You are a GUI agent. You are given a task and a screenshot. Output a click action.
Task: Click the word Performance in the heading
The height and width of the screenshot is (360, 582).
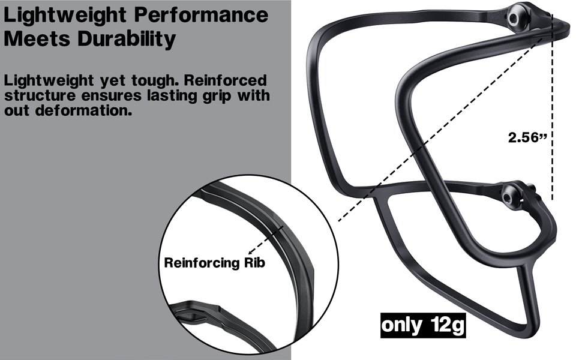[x=201, y=15]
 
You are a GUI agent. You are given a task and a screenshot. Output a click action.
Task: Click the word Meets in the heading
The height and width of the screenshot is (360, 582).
[x=37, y=38]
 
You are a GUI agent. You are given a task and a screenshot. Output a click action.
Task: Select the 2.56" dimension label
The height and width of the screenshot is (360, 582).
[x=527, y=137]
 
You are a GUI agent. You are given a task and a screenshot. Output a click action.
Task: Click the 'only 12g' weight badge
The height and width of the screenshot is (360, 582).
[x=423, y=325]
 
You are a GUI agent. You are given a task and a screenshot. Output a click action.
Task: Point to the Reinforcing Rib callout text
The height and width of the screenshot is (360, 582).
[x=215, y=263]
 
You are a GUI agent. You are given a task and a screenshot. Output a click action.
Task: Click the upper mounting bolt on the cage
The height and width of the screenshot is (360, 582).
[x=514, y=17]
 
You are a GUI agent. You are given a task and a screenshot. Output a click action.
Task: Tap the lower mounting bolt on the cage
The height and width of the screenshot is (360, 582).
[x=509, y=196]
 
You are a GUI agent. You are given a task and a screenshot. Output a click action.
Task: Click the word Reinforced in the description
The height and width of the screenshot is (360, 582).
[x=226, y=80]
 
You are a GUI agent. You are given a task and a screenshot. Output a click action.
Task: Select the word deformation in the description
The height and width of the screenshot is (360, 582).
[x=84, y=110]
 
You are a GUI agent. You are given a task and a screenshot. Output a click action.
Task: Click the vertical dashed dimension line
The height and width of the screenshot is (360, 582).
[x=553, y=107]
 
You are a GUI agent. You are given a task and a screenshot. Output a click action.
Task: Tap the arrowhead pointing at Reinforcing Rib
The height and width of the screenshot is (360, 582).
[x=250, y=252]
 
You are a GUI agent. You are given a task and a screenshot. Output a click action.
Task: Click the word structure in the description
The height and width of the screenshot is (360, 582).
[x=40, y=96]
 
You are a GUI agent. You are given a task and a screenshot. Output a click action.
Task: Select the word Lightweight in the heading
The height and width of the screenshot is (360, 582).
[x=65, y=16]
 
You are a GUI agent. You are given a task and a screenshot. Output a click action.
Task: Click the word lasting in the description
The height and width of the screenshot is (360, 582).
[x=172, y=96]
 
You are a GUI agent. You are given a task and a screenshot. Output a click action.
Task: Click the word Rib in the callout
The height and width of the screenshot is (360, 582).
[x=254, y=263]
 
